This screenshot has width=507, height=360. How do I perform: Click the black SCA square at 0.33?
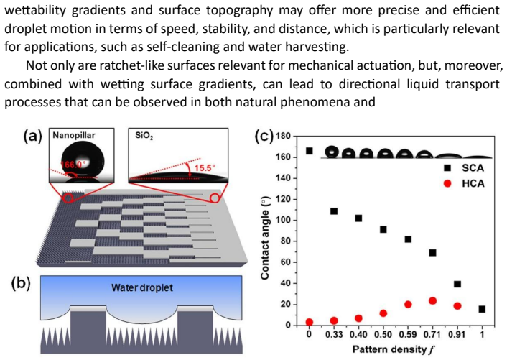pos(334,211)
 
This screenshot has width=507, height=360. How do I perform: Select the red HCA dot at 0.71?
pos(432,301)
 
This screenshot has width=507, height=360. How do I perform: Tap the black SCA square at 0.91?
pos(457,284)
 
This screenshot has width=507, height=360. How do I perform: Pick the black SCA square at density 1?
pos(482,309)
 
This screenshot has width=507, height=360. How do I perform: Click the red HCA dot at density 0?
pos(309,322)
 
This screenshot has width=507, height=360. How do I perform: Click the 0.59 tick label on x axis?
pos(408,334)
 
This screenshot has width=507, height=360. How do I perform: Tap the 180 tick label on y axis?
pos(283,136)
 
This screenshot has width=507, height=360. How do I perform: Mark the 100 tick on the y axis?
pos(283,221)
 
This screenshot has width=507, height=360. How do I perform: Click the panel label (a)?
pos(33,137)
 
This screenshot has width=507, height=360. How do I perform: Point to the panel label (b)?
pos(21,283)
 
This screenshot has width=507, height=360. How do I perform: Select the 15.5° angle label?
pos(205,168)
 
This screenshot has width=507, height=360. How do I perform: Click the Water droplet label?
pos(142,287)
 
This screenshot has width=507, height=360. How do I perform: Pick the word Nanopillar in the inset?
pos(74,135)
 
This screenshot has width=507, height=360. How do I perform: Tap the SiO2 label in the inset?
pos(144,136)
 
